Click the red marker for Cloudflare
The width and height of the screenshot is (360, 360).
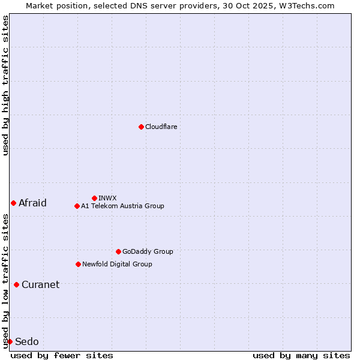(141, 127)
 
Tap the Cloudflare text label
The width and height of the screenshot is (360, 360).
(161, 127)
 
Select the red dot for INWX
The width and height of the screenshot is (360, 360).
(94, 198)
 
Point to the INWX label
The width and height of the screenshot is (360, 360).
(107, 198)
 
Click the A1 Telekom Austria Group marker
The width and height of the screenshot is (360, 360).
(77, 206)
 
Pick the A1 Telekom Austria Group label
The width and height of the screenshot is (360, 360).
(122, 206)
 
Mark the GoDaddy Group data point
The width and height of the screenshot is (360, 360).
(118, 251)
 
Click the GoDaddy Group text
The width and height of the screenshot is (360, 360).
(148, 251)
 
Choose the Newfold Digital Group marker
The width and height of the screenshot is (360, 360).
(78, 264)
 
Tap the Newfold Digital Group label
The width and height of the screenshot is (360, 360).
(117, 264)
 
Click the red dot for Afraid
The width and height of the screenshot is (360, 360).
(13, 203)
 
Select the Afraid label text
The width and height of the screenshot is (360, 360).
(32, 203)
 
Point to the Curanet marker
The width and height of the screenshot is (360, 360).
(16, 284)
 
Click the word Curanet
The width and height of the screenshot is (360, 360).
(40, 284)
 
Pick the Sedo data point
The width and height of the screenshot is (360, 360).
(10, 341)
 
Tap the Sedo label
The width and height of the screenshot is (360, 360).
(27, 341)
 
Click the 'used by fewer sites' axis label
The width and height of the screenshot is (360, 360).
(62, 355)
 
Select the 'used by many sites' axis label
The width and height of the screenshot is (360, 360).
(301, 355)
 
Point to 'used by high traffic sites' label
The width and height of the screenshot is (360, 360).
(5, 85)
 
